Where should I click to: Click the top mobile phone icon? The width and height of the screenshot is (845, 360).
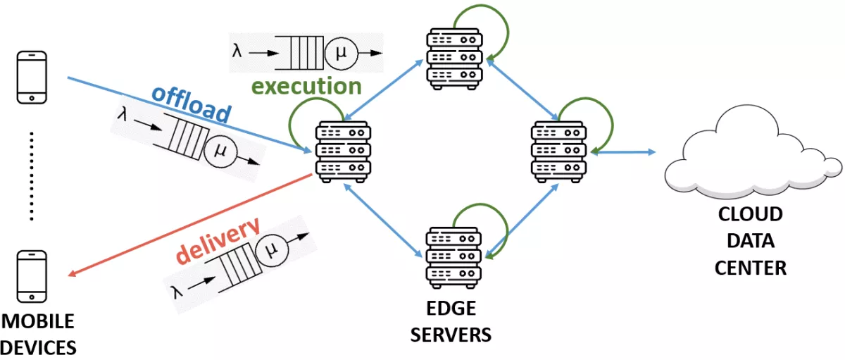(32, 77)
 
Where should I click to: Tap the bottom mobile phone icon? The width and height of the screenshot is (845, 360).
(32, 276)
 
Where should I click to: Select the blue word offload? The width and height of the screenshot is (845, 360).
(192, 104)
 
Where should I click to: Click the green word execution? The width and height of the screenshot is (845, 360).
(306, 87)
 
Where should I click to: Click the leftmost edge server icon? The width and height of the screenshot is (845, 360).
(343, 152)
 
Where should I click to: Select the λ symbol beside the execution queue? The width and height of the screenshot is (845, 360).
(238, 51)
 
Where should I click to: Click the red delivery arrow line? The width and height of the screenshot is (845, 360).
(190, 225)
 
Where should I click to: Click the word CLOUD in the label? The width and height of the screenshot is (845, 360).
(751, 213)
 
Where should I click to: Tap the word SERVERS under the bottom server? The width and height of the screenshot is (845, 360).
(451, 333)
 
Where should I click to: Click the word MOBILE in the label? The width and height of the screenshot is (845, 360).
(38, 322)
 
